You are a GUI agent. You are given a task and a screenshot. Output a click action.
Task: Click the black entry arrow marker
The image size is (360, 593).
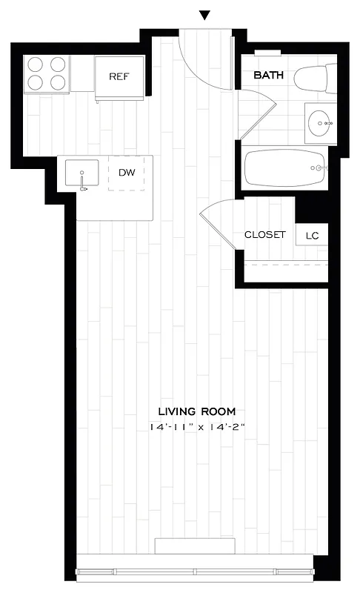click(205, 16)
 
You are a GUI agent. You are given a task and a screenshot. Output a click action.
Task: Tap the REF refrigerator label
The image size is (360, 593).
click(120, 76)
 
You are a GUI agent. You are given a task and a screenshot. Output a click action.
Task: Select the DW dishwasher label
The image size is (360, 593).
click(127, 173)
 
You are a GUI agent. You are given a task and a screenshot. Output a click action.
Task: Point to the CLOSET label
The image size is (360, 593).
click(264, 234)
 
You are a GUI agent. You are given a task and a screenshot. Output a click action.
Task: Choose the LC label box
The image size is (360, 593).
click(312, 235)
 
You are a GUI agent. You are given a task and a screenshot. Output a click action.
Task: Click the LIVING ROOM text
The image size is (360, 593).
click(197, 411)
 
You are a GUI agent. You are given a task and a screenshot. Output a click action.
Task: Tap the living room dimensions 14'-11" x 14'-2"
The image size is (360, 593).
click(196, 428)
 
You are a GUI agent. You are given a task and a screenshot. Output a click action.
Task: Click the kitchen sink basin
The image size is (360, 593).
click(81, 174)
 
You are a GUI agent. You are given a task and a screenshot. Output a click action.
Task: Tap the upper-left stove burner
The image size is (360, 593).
click(35, 64)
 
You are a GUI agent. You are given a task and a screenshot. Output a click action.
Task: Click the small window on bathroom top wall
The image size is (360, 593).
click(268, 53)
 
